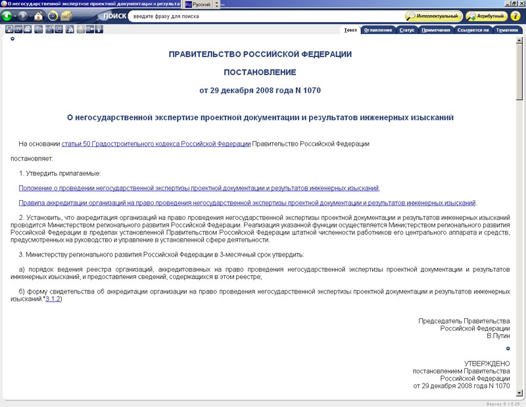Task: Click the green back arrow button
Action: coord(9,16)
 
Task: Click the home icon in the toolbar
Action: coord(38,16)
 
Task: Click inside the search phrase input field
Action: coord(263,16)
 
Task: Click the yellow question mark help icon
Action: coord(515,16)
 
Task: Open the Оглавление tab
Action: coord(378,30)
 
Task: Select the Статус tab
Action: coord(406,30)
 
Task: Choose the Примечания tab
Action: coord(436,30)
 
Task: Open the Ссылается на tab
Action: coord(473,30)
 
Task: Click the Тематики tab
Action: coord(506,30)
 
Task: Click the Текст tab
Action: coord(350,30)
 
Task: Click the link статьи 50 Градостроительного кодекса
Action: coord(156,143)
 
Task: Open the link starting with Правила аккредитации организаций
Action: coord(247,203)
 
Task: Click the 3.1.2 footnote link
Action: coord(53,299)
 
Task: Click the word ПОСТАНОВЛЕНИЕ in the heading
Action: coord(260,72)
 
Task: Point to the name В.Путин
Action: coord(498,335)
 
